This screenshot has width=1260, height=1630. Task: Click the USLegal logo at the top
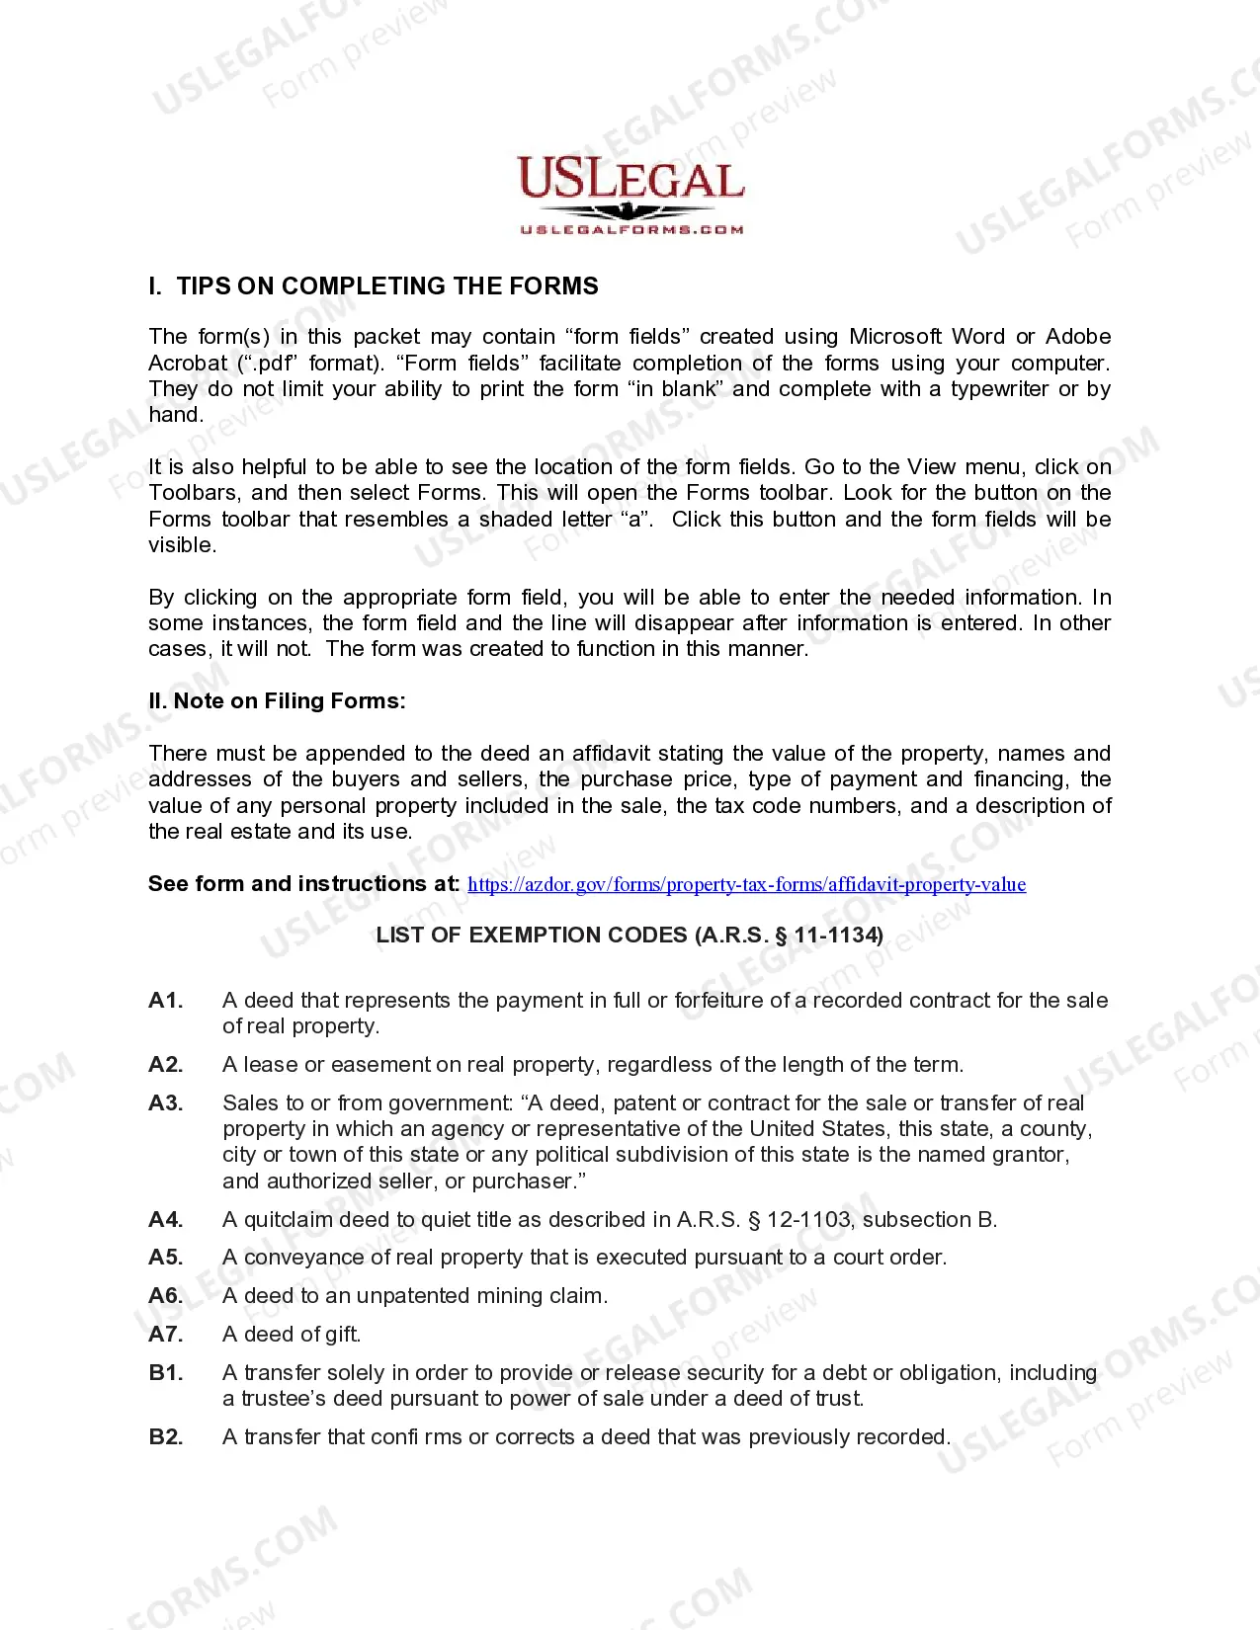(630, 183)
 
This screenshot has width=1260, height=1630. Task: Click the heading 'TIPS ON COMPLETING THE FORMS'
(387, 286)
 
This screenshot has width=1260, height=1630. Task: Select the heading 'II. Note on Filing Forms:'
(277, 701)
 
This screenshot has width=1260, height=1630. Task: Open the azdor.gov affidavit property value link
(746, 884)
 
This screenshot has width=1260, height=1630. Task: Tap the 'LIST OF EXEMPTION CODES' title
(630, 936)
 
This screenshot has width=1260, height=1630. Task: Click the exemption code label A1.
(166, 1001)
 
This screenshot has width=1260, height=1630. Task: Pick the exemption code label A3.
(166, 1103)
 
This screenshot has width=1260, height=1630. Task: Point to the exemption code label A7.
(166, 1335)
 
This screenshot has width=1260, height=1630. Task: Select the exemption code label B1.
(166, 1373)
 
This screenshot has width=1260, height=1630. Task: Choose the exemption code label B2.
(166, 1437)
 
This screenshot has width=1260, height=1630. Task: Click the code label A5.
(166, 1258)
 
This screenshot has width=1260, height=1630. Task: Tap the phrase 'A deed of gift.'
(292, 1335)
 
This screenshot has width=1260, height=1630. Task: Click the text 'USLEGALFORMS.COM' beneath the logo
(631, 230)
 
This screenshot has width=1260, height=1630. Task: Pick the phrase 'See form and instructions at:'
(303, 884)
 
